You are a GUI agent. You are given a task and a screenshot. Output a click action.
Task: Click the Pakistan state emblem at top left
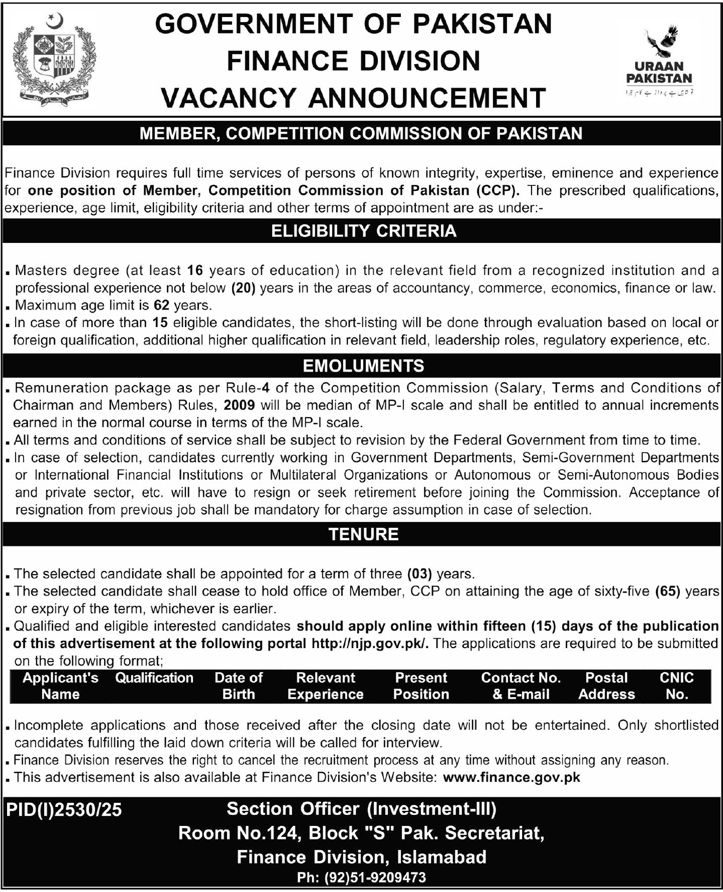click(54, 58)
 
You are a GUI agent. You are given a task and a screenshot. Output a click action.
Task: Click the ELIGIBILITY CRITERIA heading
click(363, 231)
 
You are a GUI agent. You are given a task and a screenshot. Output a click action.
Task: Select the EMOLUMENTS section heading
click(363, 366)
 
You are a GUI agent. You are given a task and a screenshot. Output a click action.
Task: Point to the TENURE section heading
click(363, 534)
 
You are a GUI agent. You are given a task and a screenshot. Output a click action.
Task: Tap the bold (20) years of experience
click(244, 288)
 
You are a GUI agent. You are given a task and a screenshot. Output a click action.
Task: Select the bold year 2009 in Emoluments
click(239, 405)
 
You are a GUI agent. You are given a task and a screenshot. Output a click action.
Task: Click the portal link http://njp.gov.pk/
click(370, 644)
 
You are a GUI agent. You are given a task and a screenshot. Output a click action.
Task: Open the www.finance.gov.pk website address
click(512, 777)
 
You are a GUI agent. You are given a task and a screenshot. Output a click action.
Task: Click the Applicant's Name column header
click(61, 686)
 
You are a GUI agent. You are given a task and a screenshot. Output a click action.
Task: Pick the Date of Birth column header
click(238, 686)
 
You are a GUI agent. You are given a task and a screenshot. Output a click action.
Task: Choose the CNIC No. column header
click(676, 686)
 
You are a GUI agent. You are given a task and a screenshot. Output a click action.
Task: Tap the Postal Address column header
click(606, 686)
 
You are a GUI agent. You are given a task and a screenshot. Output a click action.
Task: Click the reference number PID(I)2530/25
click(64, 810)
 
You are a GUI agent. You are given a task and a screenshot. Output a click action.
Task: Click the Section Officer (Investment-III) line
click(361, 809)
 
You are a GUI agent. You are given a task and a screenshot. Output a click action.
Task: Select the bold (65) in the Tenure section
click(667, 591)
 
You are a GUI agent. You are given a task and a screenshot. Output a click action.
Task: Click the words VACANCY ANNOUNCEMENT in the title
click(354, 98)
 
